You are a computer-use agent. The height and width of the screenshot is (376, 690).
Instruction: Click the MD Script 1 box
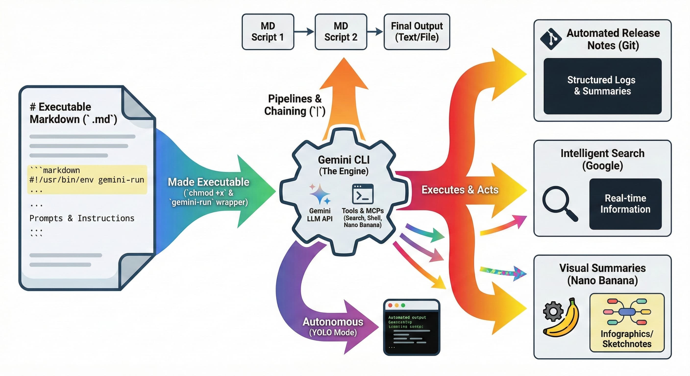(x=268, y=32)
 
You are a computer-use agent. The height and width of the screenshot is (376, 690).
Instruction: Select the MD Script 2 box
(x=341, y=32)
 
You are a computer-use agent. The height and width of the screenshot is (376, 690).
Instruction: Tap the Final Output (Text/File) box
(x=417, y=32)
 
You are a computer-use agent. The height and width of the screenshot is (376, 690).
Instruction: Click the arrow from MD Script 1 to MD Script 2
(x=304, y=32)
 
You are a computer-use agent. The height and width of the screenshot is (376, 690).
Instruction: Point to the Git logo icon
(x=551, y=39)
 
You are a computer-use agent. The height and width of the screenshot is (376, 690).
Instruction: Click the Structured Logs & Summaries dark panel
(x=603, y=86)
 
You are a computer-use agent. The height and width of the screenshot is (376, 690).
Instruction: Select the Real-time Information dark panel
(x=625, y=204)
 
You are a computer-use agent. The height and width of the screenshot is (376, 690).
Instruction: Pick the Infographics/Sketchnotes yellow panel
(x=627, y=322)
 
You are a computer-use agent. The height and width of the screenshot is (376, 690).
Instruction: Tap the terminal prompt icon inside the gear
(x=363, y=194)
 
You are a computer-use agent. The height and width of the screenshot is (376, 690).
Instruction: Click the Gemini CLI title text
(x=344, y=160)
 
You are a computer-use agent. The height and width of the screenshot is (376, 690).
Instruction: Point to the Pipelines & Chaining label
(x=295, y=105)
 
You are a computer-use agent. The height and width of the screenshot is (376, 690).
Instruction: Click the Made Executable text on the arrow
(x=208, y=182)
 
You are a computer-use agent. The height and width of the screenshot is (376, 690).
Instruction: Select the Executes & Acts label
(x=460, y=190)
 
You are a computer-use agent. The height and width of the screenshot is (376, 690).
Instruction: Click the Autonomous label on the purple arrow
(x=333, y=322)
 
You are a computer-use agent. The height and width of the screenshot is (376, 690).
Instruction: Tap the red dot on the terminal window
(x=390, y=305)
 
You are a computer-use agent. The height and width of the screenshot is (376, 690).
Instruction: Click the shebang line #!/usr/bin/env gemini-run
(x=87, y=180)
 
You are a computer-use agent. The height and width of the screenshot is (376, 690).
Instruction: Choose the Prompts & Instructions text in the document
(x=82, y=218)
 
